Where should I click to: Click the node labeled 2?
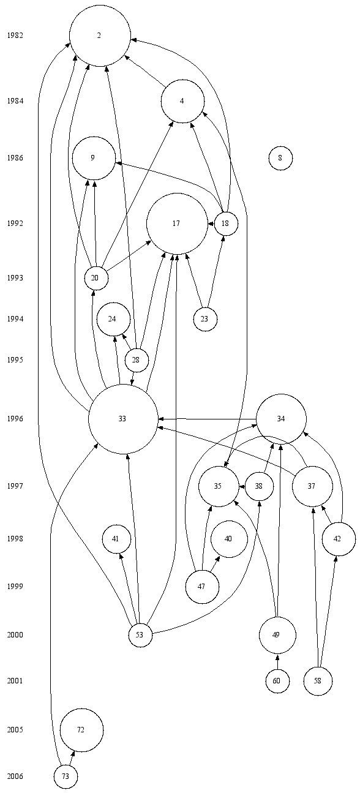pos(100,36)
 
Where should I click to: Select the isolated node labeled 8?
pos(280,158)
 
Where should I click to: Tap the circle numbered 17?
pos(177,224)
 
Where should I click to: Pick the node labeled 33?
pos(123,419)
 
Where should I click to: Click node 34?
pos(281,419)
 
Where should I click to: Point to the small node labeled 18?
pos(226,224)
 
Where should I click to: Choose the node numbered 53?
pos(141,635)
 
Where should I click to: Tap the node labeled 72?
pos(82,730)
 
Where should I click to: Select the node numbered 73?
pos(66,776)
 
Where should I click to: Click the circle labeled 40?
pos(229,539)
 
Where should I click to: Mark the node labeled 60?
pos(277,681)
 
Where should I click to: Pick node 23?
pos(205,319)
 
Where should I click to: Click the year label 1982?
pos(15,36)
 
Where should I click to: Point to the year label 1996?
pos(15,419)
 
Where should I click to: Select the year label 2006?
pos(15,776)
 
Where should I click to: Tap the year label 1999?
pos(15,587)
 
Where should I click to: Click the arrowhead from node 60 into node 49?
pos(277,657)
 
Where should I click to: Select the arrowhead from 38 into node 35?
pos(242,486)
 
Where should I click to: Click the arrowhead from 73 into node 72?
pos(73,753)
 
